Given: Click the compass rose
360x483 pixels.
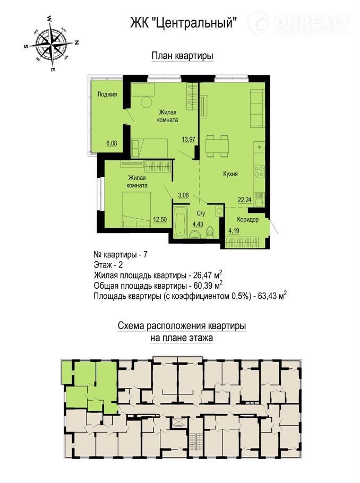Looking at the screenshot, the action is [x=51, y=44].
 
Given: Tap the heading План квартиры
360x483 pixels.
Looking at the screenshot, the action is [x=183, y=56].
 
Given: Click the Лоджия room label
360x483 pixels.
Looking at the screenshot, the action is [x=107, y=94].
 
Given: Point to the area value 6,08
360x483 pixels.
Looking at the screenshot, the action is [x=112, y=143].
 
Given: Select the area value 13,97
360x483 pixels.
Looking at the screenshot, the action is [x=188, y=139].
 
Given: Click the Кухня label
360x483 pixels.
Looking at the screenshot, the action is [x=230, y=174].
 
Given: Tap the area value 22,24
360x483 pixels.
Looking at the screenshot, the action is [x=244, y=200].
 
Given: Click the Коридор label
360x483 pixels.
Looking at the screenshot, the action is [x=247, y=220].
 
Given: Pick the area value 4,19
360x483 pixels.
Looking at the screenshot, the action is [x=234, y=230].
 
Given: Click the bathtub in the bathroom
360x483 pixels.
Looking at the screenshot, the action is [x=181, y=221].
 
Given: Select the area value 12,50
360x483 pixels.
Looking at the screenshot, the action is [x=160, y=219].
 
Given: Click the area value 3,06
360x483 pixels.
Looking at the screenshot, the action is [x=183, y=195].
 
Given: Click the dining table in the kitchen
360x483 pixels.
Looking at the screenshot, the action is [x=217, y=146].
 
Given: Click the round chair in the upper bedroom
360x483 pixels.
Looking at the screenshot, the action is [x=147, y=102].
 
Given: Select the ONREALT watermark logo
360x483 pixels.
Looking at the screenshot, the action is [x=299, y=23].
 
